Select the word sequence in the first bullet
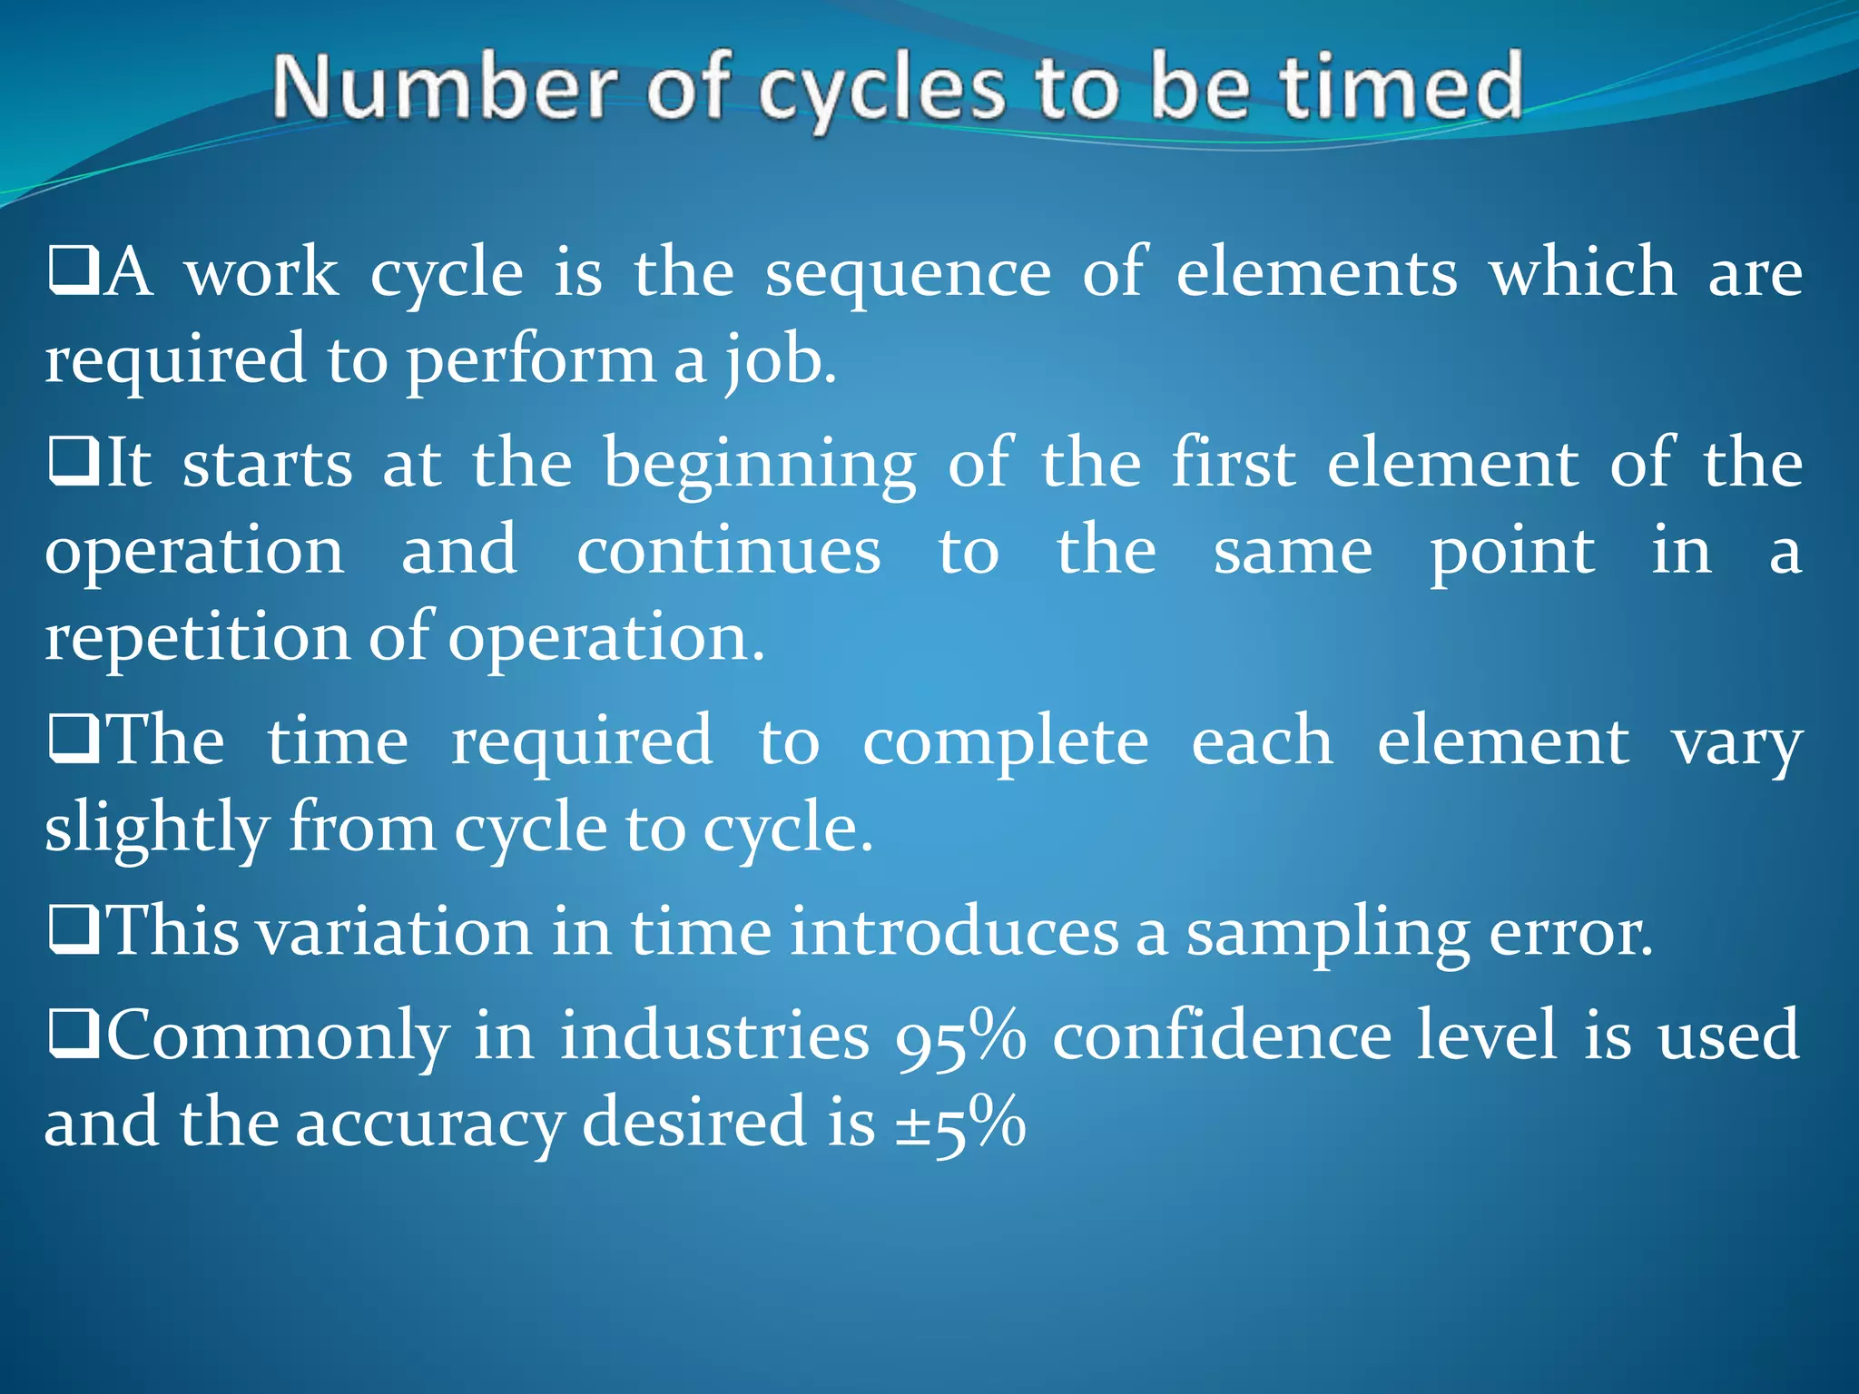[908, 274]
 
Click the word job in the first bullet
[777, 361]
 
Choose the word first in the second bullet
[1234, 464]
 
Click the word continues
[729, 552]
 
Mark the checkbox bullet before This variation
[74, 933]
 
